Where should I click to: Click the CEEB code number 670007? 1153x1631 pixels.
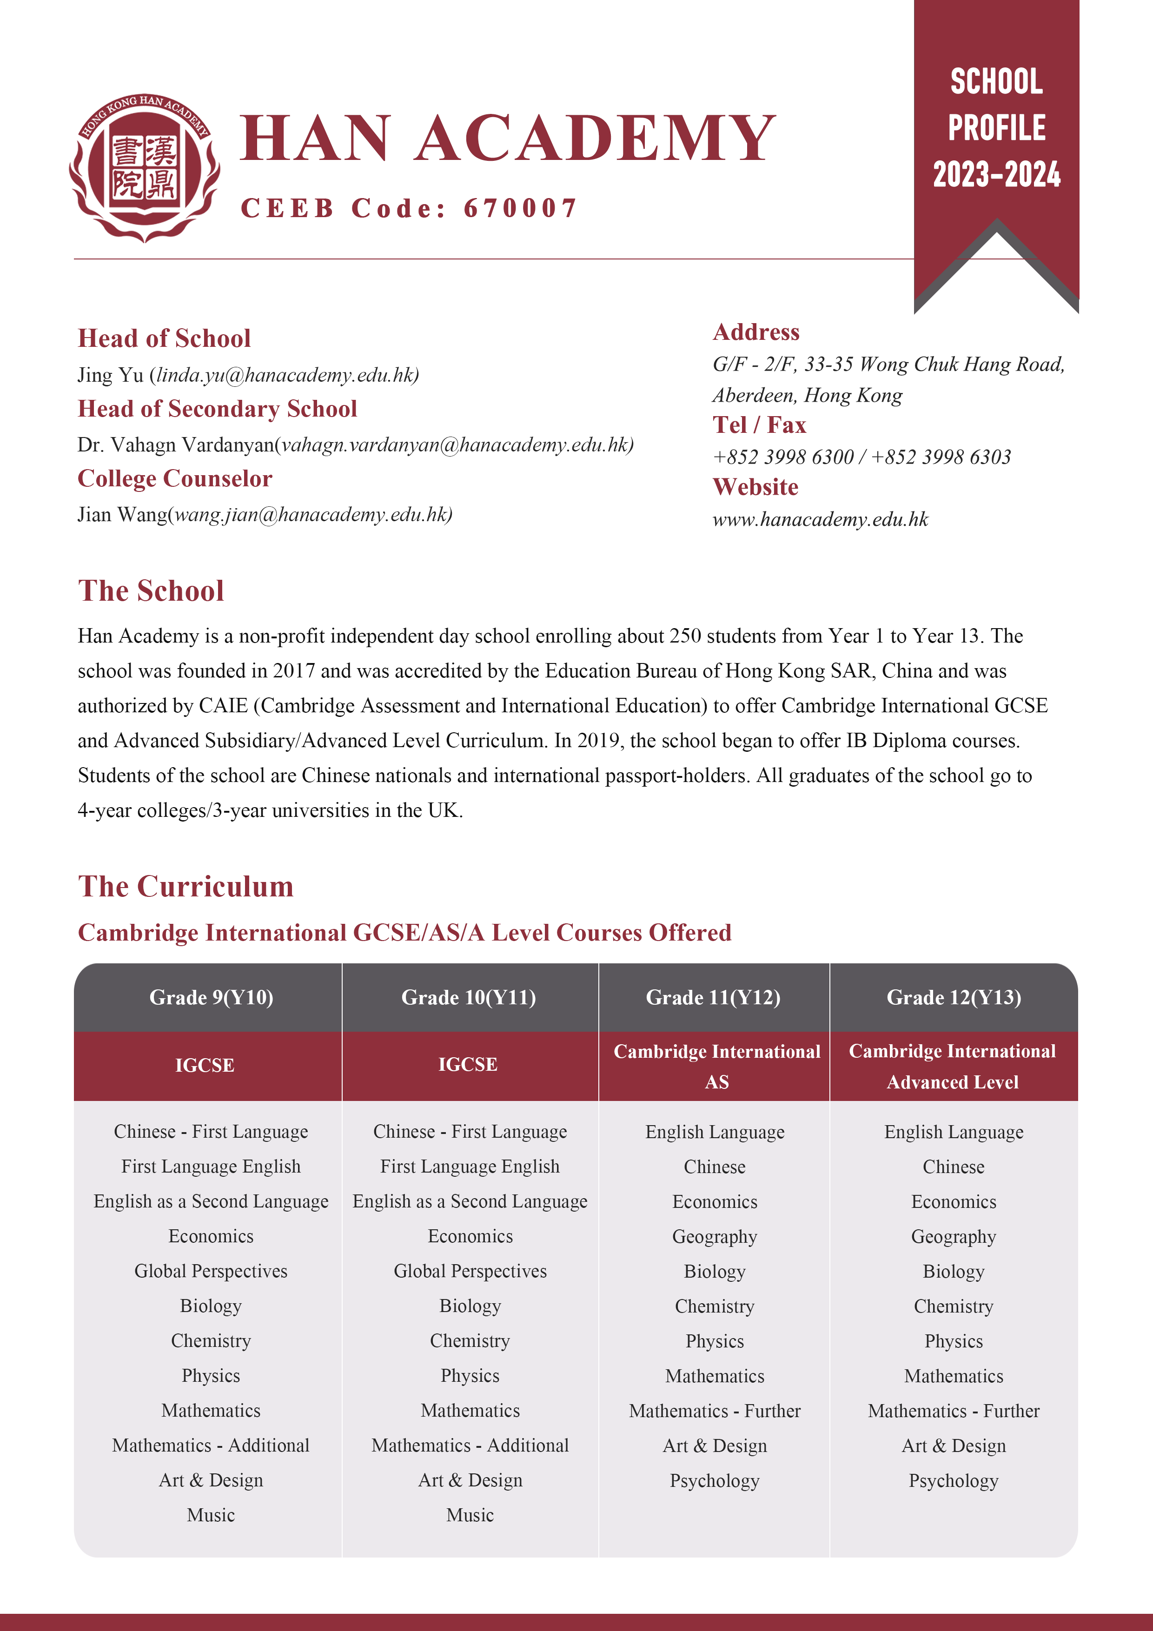pyautogui.click(x=520, y=208)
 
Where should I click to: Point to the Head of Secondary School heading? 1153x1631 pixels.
pyautogui.click(x=218, y=409)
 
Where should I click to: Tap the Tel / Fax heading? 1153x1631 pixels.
pyautogui.click(x=759, y=425)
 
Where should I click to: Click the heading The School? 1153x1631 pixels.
pyautogui.click(x=151, y=591)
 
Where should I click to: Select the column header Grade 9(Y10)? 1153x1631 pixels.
pyautogui.click(x=211, y=997)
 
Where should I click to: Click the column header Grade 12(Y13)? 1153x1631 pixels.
pyautogui.click(x=954, y=997)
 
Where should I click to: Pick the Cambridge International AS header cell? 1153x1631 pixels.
pyautogui.click(x=716, y=1066)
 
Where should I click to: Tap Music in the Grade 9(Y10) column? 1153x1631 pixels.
pyautogui.click(x=211, y=1515)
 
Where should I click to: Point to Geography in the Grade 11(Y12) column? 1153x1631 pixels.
pyautogui.click(x=715, y=1237)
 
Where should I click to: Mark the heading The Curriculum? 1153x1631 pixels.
pyautogui.click(x=186, y=887)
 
